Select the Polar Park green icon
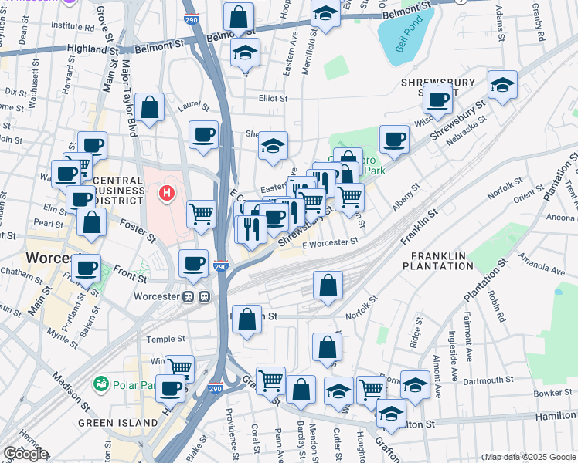(x=100, y=384)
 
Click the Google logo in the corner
(x=25, y=454)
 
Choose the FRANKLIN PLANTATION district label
(x=437, y=261)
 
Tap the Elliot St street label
(x=272, y=99)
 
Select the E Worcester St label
(x=330, y=242)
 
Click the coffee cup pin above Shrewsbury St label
(x=438, y=100)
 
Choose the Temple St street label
(x=166, y=339)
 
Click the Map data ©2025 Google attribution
(x=528, y=457)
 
